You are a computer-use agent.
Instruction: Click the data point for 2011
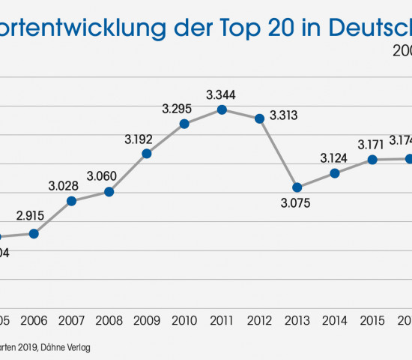pyautogui.click(x=222, y=109)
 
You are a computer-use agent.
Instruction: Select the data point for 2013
pyautogui.click(x=297, y=187)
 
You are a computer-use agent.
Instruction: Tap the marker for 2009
pyautogui.click(x=147, y=153)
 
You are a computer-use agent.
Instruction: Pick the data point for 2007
pyautogui.click(x=72, y=201)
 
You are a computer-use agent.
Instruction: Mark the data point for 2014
pyautogui.click(x=335, y=173)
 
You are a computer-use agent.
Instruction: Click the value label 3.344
pyautogui.click(x=221, y=94)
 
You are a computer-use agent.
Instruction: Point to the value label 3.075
pyautogui.click(x=297, y=202)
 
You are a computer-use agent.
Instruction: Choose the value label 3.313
pyautogui.click(x=285, y=115)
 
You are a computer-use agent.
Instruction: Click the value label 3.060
pyautogui.click(x=109, y=175)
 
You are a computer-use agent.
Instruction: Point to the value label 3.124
pyautogui.click(x=334, y=158)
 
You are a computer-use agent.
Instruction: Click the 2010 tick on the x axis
pyautogui.click(x=184, y=320)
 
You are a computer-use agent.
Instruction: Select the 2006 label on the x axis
pyautogui.click(x=34, y=320)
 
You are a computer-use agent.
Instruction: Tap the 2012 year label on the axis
pyautogui.click(x=259, y=320)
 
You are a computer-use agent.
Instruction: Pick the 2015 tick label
pyautogui.click(x=372, y=320)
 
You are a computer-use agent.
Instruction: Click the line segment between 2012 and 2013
pyautogui.click(x=279, y=153)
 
